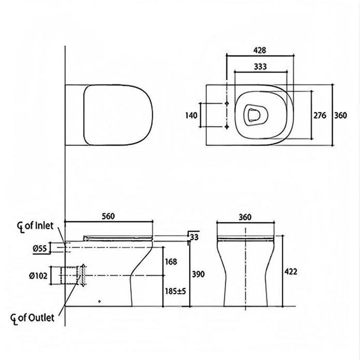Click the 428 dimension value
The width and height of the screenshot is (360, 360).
click(259, 50)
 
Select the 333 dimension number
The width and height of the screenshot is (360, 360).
click(260, 66)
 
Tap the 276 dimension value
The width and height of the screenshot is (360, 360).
click(320, 115)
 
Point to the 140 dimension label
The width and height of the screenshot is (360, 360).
click(191, 115)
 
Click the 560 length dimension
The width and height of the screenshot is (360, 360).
click(108, 217)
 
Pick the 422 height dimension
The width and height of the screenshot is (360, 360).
click(291, 272)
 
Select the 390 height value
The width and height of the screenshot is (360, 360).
click(198, 274)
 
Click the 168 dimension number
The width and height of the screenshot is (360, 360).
click(171, 262)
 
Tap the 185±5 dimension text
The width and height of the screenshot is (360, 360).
click(175, 292)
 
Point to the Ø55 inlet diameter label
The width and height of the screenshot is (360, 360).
click(40, 248)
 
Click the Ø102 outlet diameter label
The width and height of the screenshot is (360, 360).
click(38, 276)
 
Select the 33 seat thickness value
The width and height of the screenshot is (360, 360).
click(194, 237)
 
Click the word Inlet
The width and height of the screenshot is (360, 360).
click(44, 225)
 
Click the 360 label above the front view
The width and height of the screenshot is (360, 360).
click(245, 217)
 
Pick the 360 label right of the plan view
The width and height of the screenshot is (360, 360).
click(340, 115)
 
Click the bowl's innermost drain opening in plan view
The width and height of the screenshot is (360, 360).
click(254, 115)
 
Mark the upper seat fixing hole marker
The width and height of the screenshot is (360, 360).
click(227, 103)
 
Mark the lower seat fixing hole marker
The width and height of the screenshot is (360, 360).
click(227, 127)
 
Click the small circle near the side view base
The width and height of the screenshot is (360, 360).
click(99, 301)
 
